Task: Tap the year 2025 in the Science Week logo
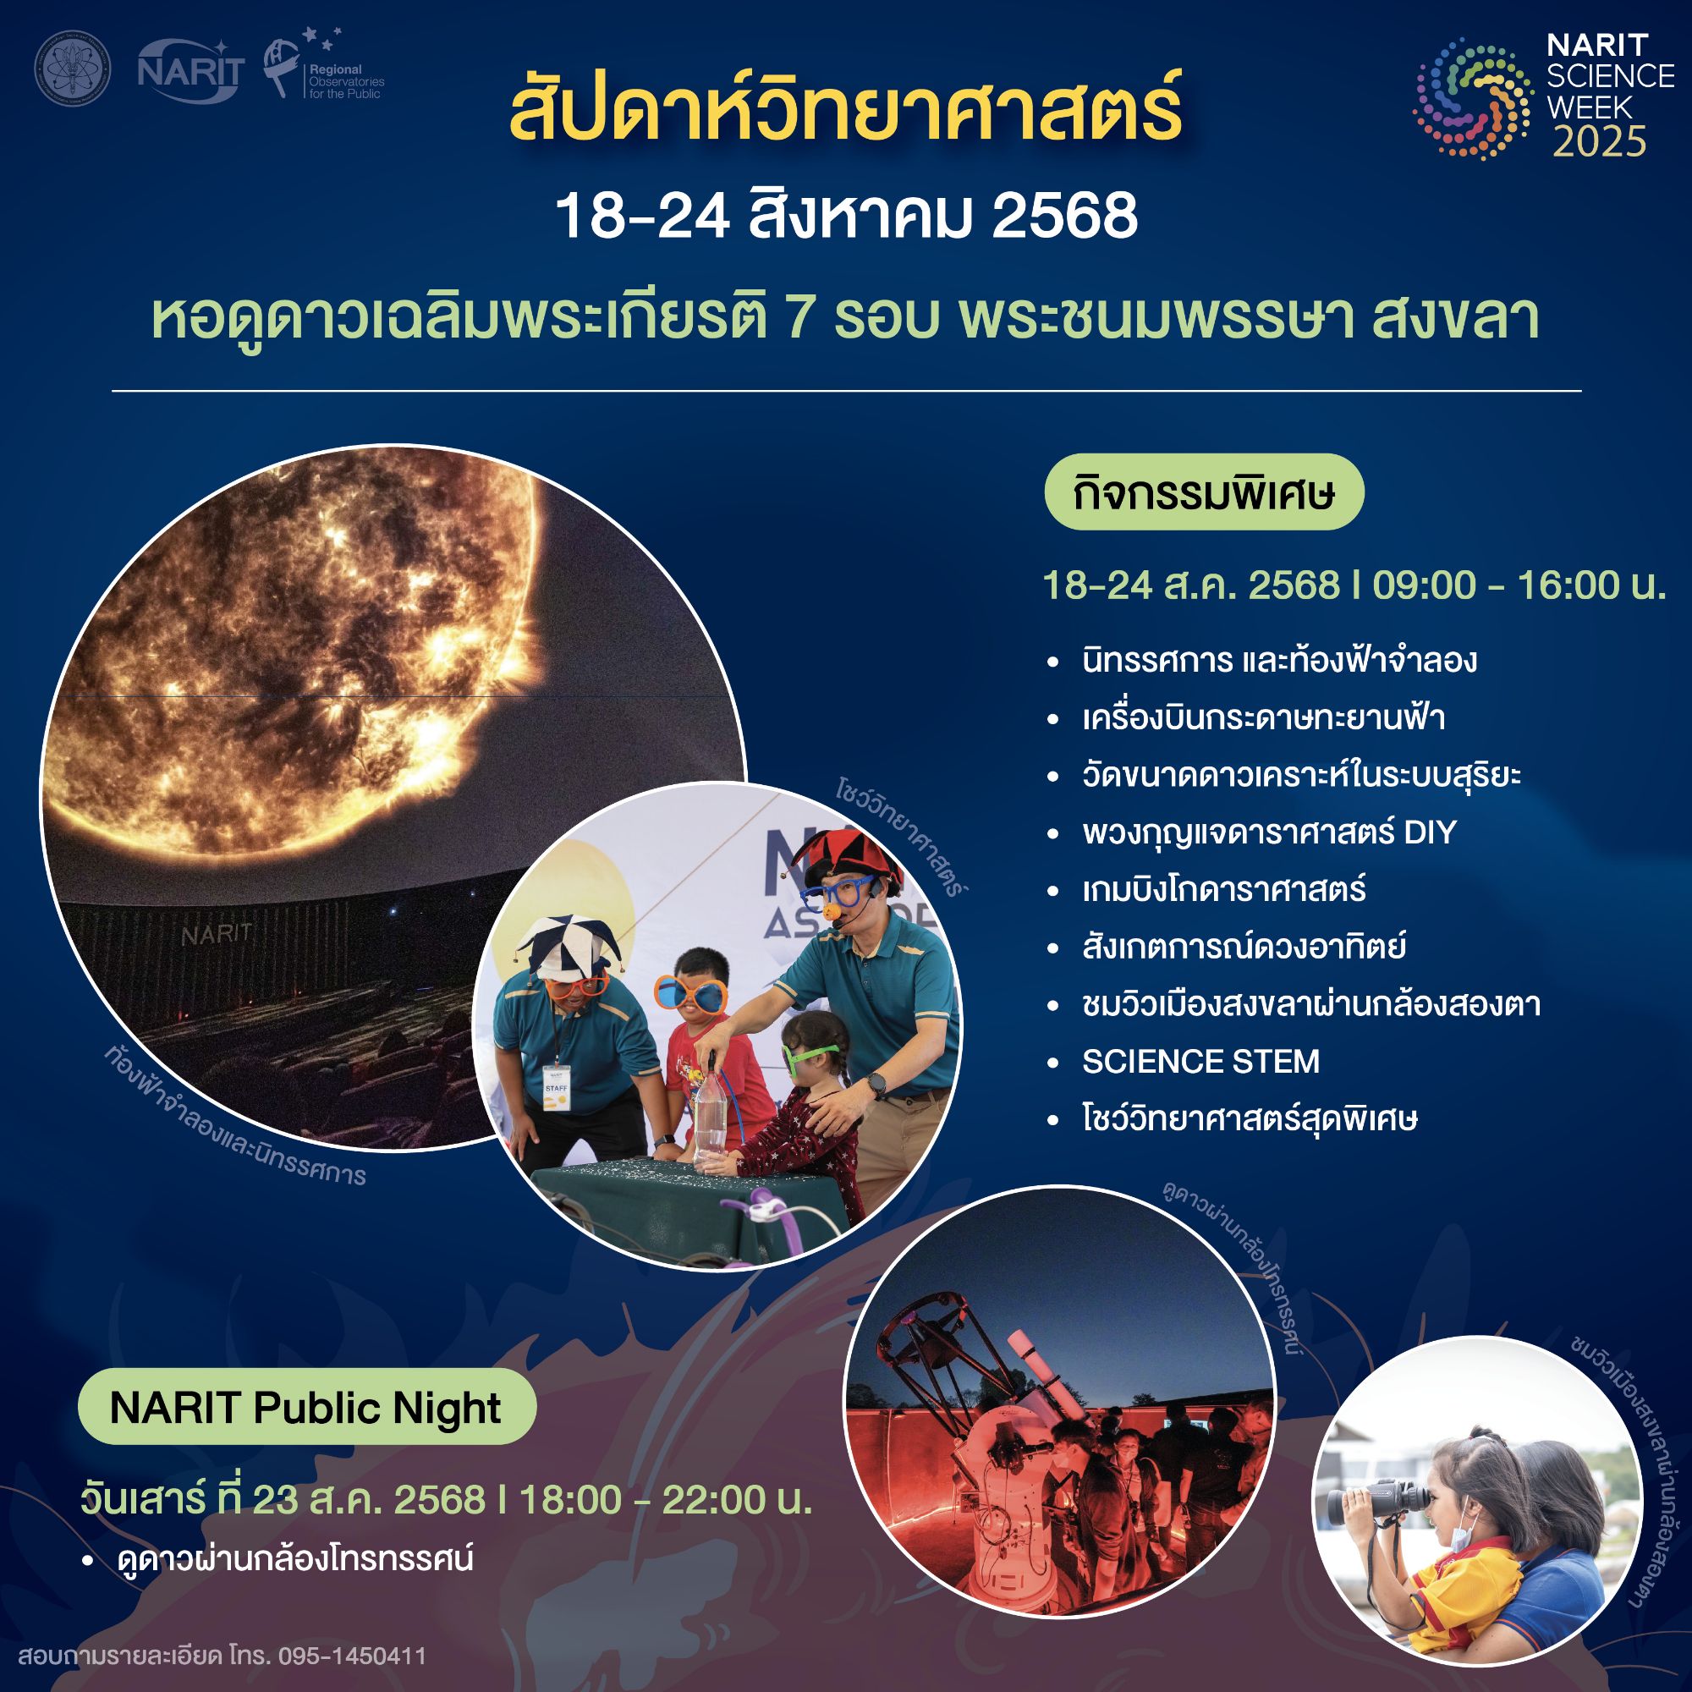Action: pyautogui.click(x=1599, y=142)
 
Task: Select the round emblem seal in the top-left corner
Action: pyautogui.click(x=73, y=69)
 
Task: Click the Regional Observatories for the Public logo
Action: pyautogui.click(x=324, y=69)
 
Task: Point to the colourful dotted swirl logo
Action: pyautogui.click(x=1471, y=99)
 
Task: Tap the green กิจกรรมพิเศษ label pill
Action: pyautogui.click(x=1203, y=492)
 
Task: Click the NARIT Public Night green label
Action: pyautogui.click(x=305, y=1408)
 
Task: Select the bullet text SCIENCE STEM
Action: pyautogui.click(x=1200, y=1062)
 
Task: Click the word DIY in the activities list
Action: pyautogui.click(x=1429, y=832)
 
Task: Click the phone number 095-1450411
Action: pyautogui.click(x=352, y=1656)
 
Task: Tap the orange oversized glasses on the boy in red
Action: pyautogui.click(x=691, y=994)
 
